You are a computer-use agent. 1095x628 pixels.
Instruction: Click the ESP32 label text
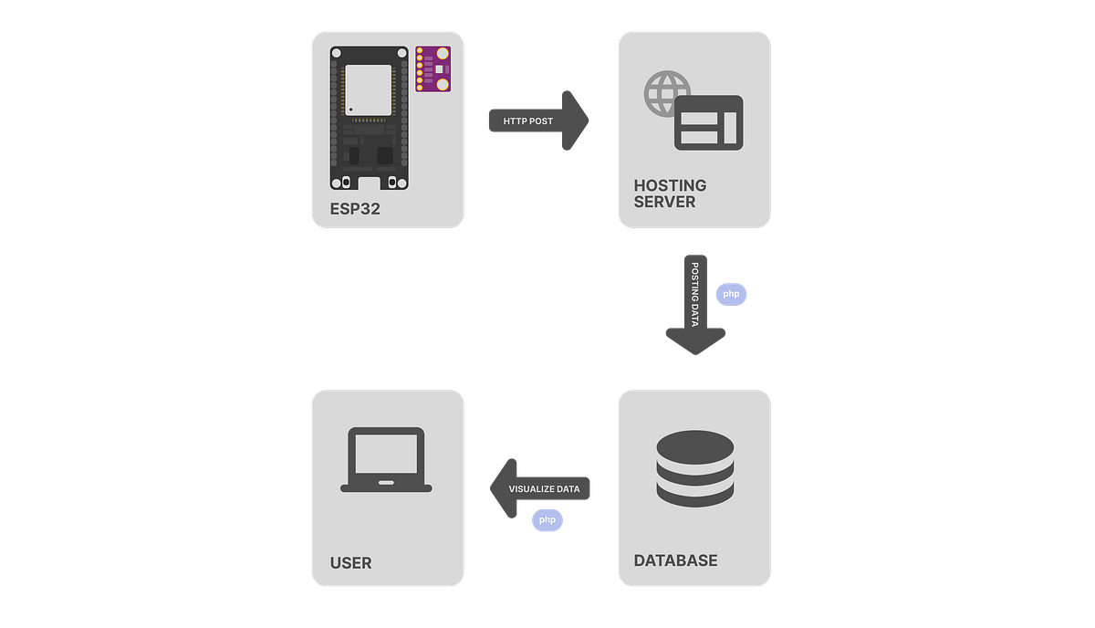[355, 209]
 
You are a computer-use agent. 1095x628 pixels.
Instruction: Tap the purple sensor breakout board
[433, 69]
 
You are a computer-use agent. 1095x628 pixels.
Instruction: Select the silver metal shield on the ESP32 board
[369, 89]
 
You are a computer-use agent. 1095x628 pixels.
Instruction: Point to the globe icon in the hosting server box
[667, 92]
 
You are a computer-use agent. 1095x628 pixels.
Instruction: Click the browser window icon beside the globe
[708, 122]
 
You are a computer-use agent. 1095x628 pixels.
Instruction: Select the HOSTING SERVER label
[671, 194]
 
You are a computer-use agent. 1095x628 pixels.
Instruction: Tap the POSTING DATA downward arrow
[694, 306]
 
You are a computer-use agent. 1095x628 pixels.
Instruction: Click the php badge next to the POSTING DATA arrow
[731, 294]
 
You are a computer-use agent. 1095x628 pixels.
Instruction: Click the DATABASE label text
[675, 560]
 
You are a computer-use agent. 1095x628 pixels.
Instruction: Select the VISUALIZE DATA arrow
[541, 488]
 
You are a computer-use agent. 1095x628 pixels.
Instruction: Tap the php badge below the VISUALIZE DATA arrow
[547, 519]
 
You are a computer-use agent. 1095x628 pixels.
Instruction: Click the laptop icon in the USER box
[386, 461]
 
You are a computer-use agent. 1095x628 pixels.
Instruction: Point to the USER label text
[351, 563]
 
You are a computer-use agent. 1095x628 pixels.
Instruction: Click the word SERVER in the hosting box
[664, 202]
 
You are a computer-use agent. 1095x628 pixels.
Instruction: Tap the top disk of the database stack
[694, 445]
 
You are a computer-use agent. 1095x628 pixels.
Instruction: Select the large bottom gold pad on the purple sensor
[443, 84]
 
